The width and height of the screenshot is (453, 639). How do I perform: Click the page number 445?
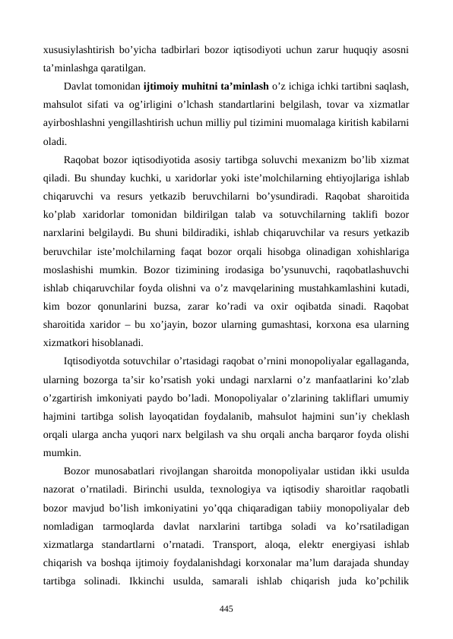[x=226, y=609]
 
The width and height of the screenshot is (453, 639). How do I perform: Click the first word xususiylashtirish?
[x=76, y=50]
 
